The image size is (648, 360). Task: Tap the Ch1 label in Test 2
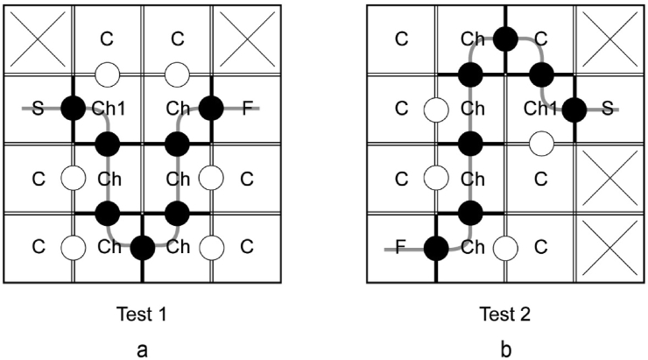[540, 109]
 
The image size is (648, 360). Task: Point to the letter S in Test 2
[607, 109]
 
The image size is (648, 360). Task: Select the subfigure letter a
[142, 349]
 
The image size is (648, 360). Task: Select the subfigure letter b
[505, 349]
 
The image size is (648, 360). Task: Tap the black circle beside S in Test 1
[73, 109]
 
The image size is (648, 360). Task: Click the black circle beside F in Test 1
[211, 109]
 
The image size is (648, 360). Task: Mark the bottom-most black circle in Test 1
[142, 248]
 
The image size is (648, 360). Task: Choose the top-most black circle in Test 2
[505, 39]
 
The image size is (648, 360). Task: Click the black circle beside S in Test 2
[574, 109]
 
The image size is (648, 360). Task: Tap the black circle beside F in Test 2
[435, 248]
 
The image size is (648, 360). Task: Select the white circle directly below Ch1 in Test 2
[540, 142]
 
